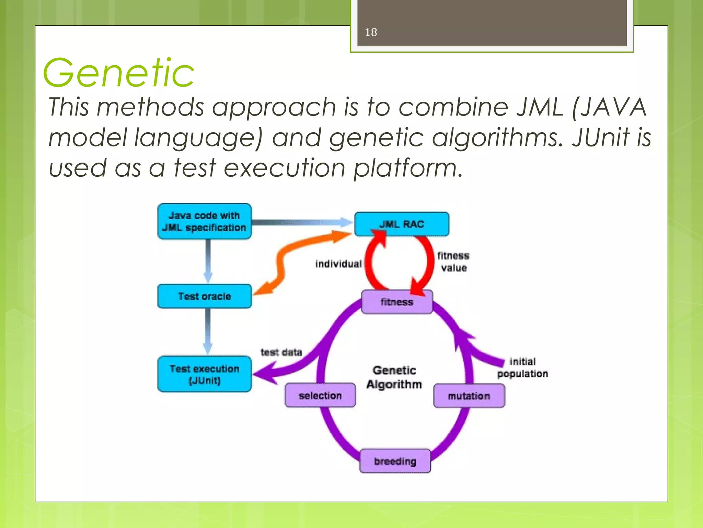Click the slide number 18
point(371,32)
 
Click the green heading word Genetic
point(118,73)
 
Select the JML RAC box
point(402,224)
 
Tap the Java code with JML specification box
point(205,221)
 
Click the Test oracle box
point(205,296)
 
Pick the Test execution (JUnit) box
point(205,374)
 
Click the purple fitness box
point(397,302)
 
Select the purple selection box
point(320,395)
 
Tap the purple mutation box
point(469,396)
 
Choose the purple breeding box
point(395,461)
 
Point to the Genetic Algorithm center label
point(394,377)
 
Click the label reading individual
point(338,264)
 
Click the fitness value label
point(453,262)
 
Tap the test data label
point(281,352)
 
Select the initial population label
point(522,367)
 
